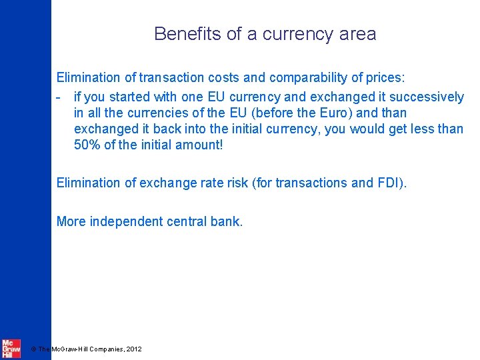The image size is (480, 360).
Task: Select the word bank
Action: click(x=230, y=221)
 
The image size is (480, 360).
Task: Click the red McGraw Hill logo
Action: click(x=11, y=349)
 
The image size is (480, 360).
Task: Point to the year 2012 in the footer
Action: click(x=133, y=349)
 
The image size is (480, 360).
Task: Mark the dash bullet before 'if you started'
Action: click(x=59, y=97)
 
